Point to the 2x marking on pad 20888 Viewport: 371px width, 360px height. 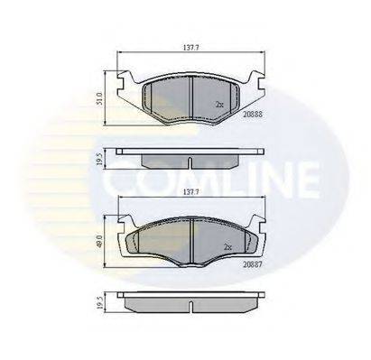tap(219, 105)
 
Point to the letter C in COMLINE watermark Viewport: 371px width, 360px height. tap(120, 180)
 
